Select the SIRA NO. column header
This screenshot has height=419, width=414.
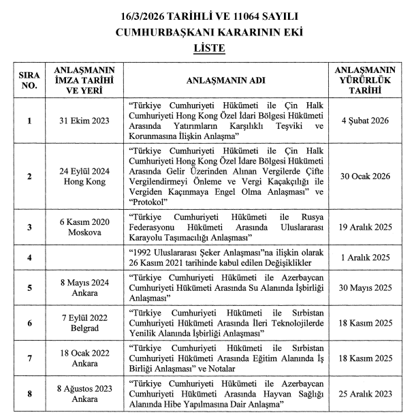tap(29, 81)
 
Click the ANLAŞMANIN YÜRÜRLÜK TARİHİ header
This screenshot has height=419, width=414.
tap(365, 80)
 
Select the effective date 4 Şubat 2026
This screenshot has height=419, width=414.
tap(365, 121)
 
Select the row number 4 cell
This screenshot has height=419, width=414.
tap(29, 258)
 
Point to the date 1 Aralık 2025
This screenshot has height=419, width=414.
tap(365, 258)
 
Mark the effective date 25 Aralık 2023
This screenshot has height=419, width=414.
tap(365, 394)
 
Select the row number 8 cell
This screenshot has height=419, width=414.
tap(29, 394)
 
